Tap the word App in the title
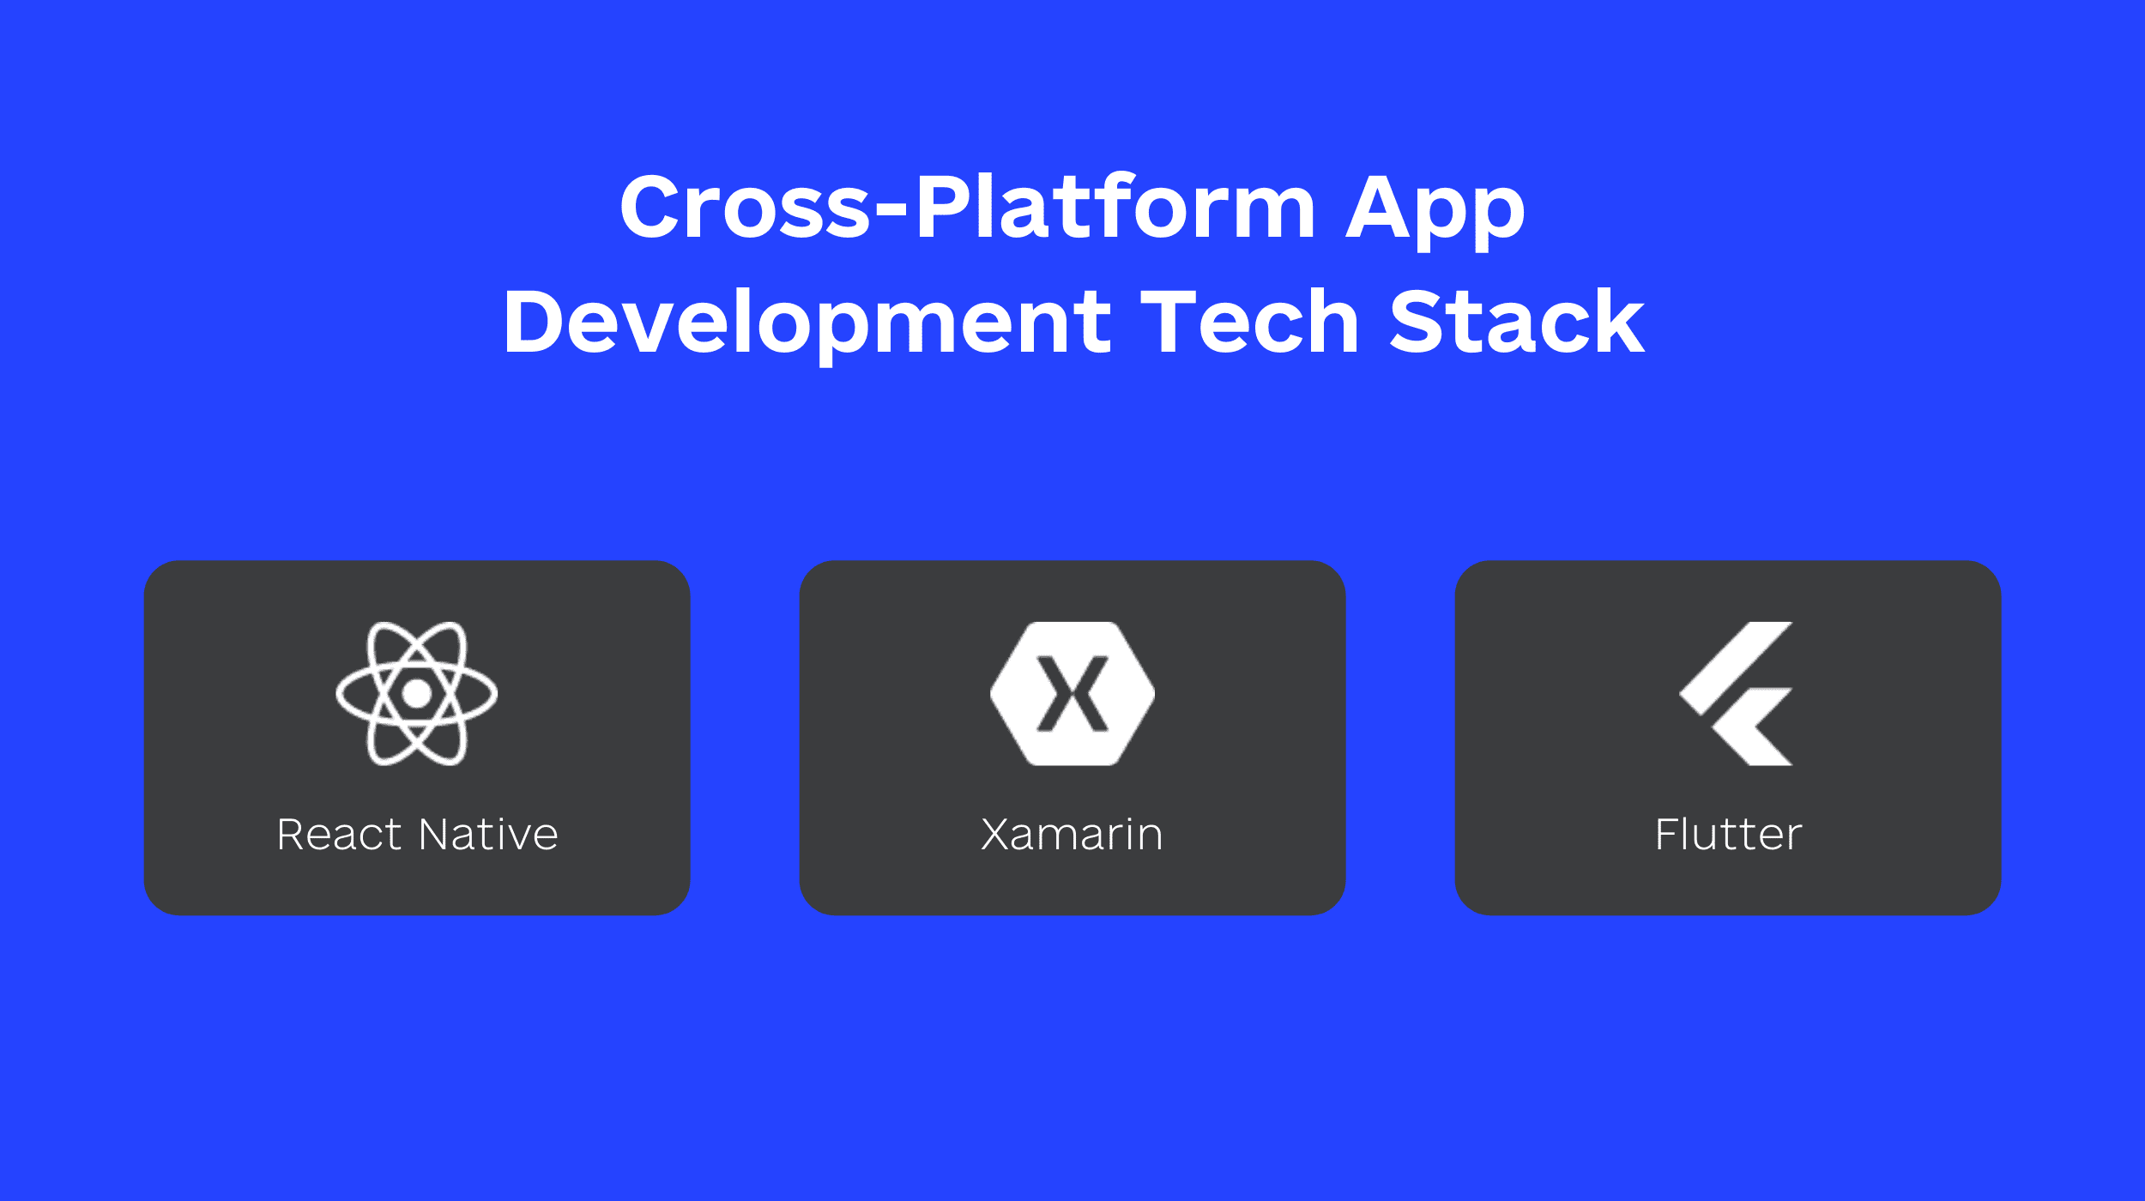click(1435, 208)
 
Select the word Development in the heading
click(807, 323)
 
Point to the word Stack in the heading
click(1517, 322)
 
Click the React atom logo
click(417, 693)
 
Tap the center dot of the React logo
click(417, 694)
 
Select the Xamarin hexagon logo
click(1072, 693)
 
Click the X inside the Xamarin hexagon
click(1072, 694)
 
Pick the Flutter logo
click(1735, 693)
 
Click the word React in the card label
click(340, 835)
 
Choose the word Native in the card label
click(488, 835)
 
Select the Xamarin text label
click(1072, 835)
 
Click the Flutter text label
click(1728, 835)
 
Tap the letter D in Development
click(533, 322)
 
